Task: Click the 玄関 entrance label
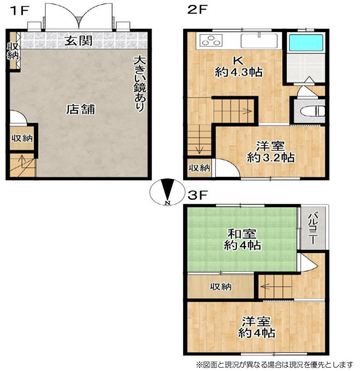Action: (78, 41)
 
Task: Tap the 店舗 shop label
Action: (80, 109)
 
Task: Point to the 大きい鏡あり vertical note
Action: (140, 83)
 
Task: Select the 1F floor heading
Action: (20, 11)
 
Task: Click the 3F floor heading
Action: (198, 195)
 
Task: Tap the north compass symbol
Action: (167, 192)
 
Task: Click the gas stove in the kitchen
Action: (211, 40)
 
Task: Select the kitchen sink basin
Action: (259, 41)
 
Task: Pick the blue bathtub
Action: (306, 43)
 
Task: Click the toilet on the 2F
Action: (312, 111)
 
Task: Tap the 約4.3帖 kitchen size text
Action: (238, 72)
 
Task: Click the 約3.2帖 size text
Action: (271, 157)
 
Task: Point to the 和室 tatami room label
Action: (242, 234)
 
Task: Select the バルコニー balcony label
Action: (313, 228)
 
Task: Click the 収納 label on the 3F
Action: (221, 287)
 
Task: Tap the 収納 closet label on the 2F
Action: (199, 168)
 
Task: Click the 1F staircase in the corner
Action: (22, 165)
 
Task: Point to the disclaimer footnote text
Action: (274, 364)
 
